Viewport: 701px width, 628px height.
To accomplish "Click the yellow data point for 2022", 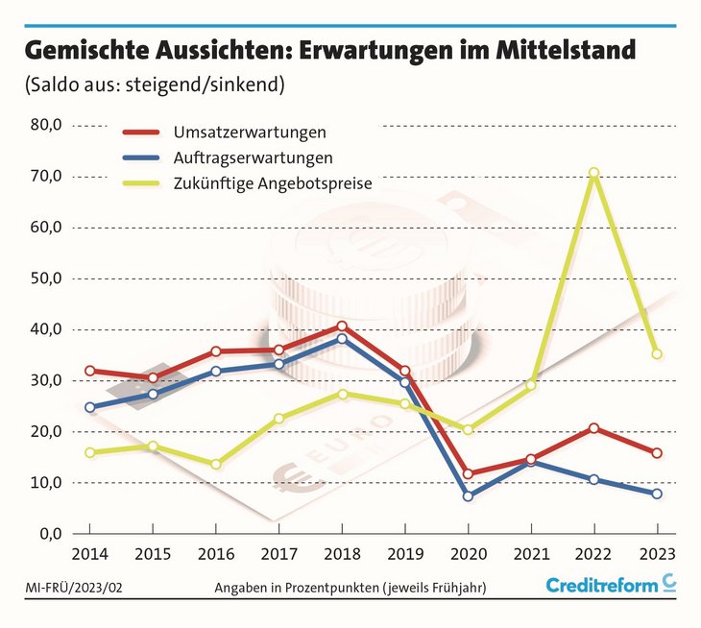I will pos(593,173).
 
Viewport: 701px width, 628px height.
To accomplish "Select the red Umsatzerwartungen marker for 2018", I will pos(342,326).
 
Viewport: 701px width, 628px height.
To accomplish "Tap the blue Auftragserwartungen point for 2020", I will pos(468,496).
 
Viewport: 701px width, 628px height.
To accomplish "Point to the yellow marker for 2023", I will pos(657,354).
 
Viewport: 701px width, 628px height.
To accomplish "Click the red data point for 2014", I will pos(90,371).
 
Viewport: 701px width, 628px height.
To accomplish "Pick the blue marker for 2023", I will pos(657,494).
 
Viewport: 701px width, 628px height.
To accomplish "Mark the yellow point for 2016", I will pos(216,464).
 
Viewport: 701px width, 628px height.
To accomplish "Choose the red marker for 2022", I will pos(593,427).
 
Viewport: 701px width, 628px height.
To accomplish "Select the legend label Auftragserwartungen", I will pos(254,156).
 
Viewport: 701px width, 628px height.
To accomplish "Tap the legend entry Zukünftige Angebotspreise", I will pos(273,181).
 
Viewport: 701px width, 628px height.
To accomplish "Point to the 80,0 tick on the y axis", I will pos(46,125).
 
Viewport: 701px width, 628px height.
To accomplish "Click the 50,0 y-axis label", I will pos(46,278).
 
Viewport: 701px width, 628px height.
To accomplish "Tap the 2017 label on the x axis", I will pos(278,555).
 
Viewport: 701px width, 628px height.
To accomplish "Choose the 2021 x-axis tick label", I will pos(531,555).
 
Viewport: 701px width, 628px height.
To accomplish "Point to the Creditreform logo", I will pos(611,585).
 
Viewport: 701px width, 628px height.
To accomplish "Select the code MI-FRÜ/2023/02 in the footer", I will pos(69,586).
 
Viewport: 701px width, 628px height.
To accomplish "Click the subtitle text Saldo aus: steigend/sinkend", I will pos(154,85).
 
